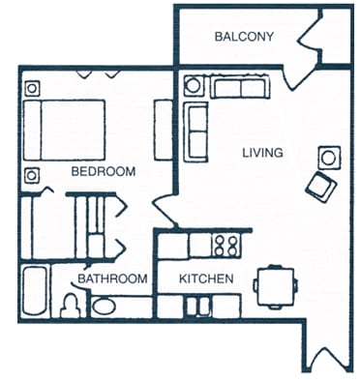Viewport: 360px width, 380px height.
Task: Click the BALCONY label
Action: tap(245, 37)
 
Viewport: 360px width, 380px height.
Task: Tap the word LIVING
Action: tap(262, 153)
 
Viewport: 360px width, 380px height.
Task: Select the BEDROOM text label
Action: tap(104, 171)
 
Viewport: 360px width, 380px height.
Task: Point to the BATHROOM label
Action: tap(113, 278)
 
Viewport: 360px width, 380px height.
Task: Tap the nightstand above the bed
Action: tap(32, 88)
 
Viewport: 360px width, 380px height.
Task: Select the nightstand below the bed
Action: tap(32, 175)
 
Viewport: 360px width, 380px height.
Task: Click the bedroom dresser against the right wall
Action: tap(163, 130)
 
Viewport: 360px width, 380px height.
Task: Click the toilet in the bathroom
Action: tap(70, 306)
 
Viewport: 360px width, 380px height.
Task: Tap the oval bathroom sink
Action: tap(104, 307)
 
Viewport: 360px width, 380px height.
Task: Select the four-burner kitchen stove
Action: tap(227, 246)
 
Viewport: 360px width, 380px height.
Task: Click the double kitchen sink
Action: tap(199, 306)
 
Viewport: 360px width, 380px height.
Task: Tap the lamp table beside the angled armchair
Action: tap(329, 157)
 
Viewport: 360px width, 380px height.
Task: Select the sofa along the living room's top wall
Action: tap(241, 87)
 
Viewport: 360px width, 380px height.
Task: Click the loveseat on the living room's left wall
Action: tap(196, 132)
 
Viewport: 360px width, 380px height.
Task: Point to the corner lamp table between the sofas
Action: tap(193, 86)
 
